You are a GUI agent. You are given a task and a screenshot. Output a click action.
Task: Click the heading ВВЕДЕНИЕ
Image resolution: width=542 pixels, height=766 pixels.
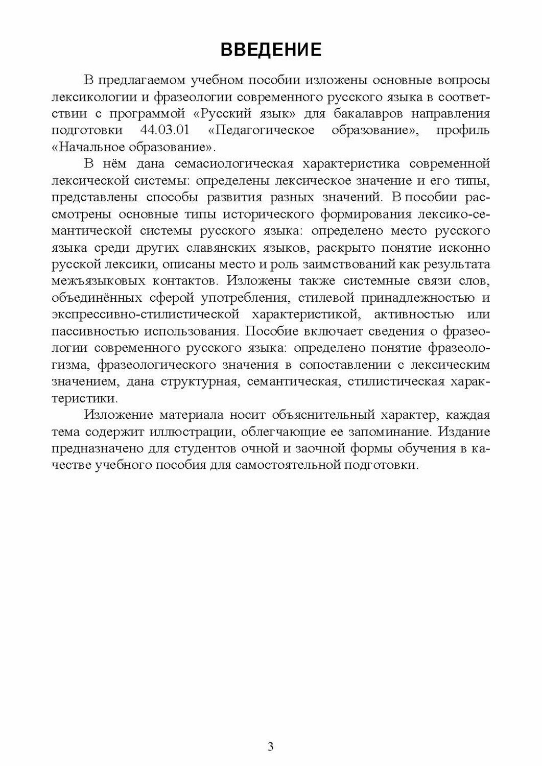[x=271, y=50]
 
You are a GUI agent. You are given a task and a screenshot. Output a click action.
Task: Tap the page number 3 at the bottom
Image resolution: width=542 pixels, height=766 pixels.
[x=271, y=747]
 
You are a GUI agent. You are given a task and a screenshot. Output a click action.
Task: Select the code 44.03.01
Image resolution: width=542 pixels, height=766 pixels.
[x=164, y=130]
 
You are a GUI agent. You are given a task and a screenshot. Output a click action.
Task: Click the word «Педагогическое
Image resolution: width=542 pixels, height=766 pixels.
[x=261, y=130]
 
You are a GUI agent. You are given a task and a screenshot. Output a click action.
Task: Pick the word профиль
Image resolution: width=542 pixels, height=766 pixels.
[x=463, y=130]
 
